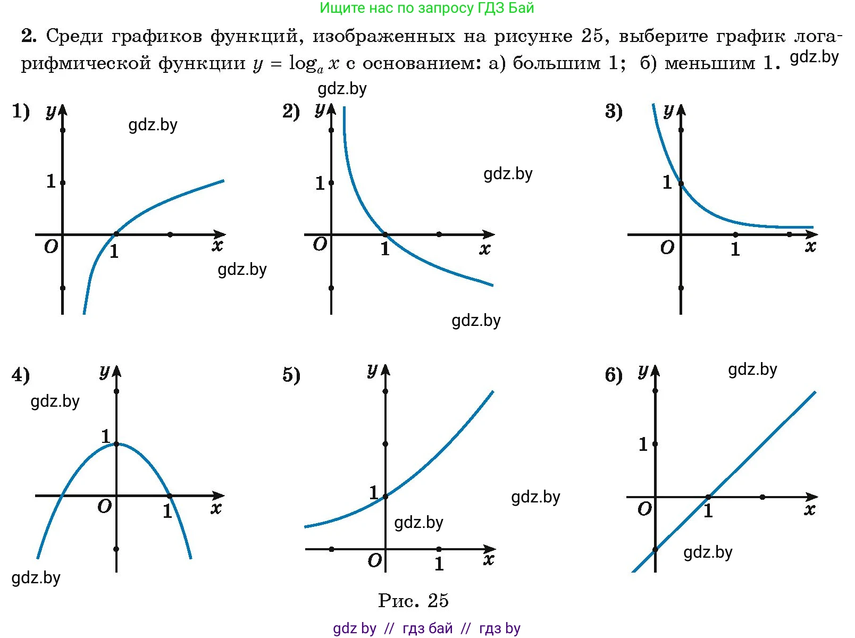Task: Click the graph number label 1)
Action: click(x=21, y=112)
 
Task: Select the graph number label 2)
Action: click(x=291, y=112)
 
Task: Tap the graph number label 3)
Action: click(x=614, y=112)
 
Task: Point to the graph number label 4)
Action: click(x=21, y=375)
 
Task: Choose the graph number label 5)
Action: click(x=291, y=375)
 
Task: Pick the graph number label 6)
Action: click(x=614, y=375)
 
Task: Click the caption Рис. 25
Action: click(x=413, y=601)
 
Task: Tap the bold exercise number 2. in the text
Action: click(x=29, y=36)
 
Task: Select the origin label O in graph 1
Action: click(x=51, y=247)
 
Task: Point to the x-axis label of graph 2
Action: click(x=484, y=249)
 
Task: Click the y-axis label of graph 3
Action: click(x=668, y=111)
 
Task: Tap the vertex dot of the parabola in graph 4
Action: click(x=116, y=443)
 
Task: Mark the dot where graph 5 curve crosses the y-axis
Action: click(x=385, y=497)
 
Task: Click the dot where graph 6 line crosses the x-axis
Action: click(x=708, y=497)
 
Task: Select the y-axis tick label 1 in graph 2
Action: click(x=320, y=183)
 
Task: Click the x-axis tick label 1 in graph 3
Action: click(x=735, y=249)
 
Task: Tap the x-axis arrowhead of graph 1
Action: click(x=220, y=234)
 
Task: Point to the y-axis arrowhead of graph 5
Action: click(x=385, y=370)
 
